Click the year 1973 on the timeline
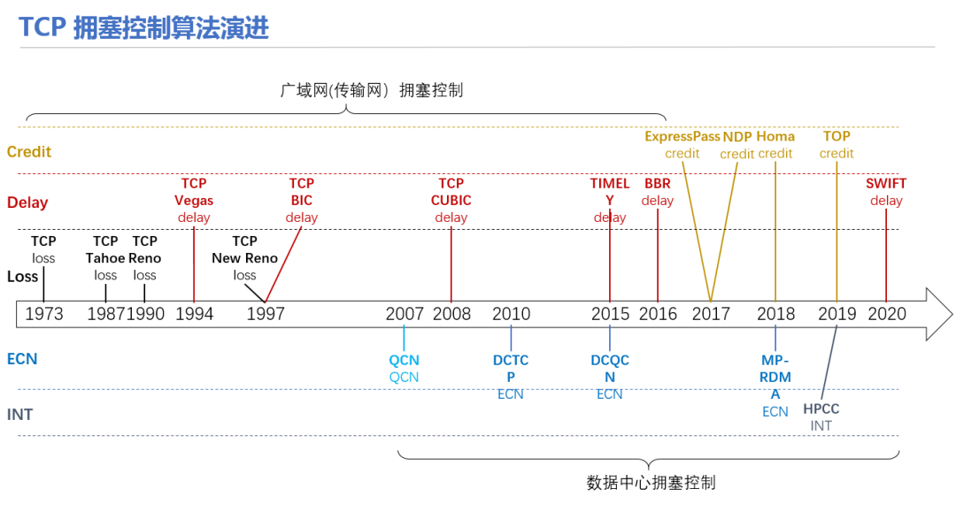coord(44,314)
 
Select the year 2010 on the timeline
coord(511,314)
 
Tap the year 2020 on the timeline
coord(886,314)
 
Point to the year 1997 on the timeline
coord(266,314)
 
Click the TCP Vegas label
coord(194,192)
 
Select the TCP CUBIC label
coord(451,192)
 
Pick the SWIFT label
coord(886,183)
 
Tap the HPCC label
coord(821,409)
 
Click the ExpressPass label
coord(682,136)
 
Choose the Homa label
coord(775,136)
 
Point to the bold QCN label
coord(404,360)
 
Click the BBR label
coord(657,183)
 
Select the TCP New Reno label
coord(244,249)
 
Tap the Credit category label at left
coord(29,152)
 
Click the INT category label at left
coord(19,415)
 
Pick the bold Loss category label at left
coord(22,277)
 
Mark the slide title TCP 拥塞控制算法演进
coord(144,28)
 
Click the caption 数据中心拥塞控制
coord(651,483)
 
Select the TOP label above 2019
coord(836,136)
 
